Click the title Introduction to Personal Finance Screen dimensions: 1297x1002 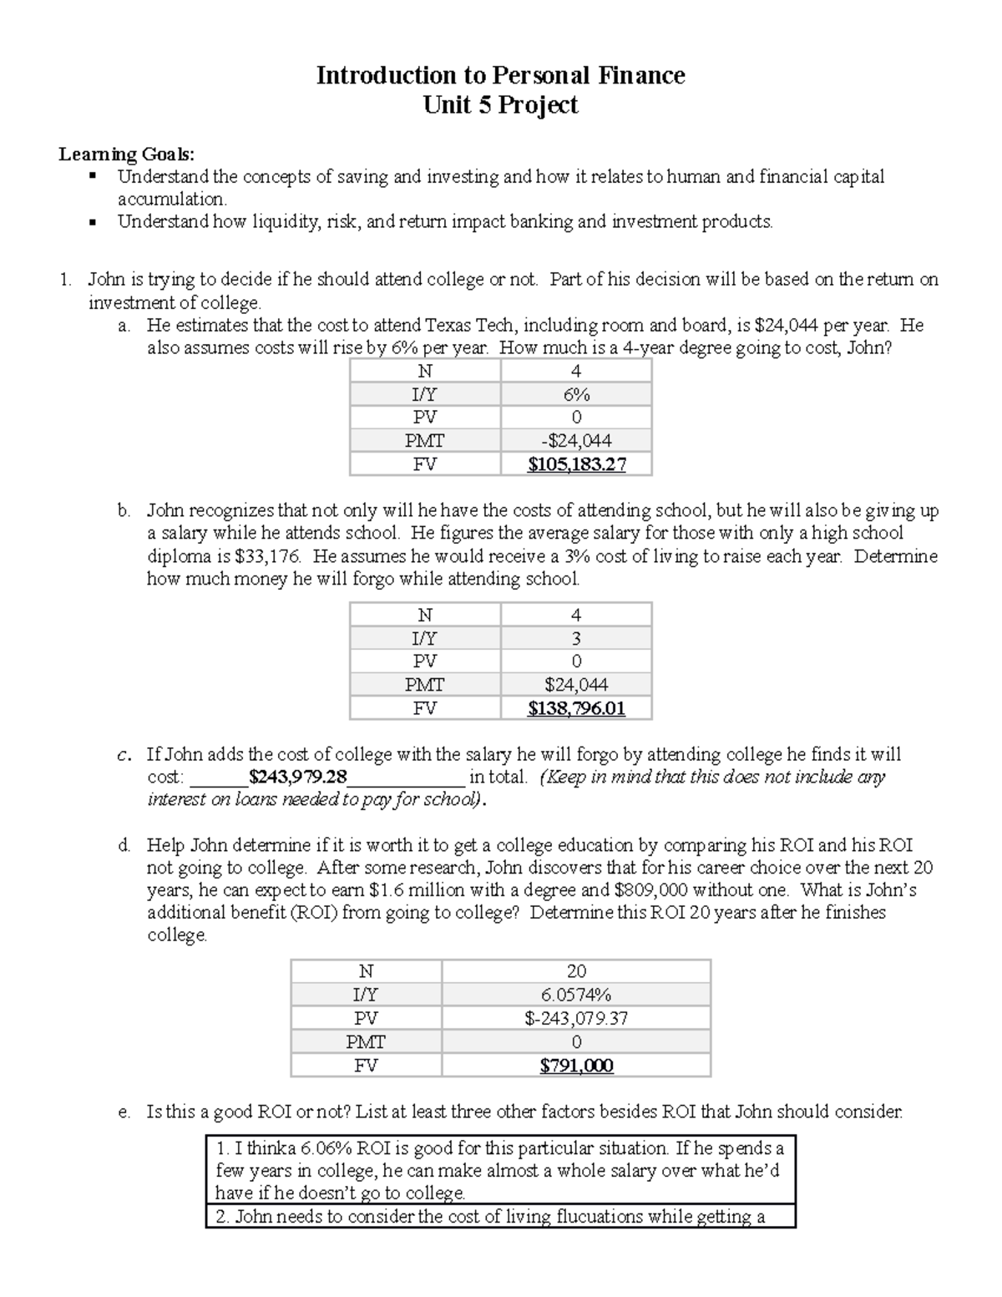[500, 76]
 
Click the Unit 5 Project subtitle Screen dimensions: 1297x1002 [500, 105]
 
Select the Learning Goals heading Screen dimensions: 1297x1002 [126, 154]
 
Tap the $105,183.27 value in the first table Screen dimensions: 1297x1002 [576, 464]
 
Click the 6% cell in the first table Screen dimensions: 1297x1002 [576, 394]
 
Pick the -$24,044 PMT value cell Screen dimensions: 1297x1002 [576, 441]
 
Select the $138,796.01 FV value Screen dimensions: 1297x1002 [576, 709]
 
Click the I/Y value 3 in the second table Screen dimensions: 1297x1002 [576, 639]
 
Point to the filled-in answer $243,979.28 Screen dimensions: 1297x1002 [298, 777]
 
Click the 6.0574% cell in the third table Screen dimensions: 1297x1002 [576, 995]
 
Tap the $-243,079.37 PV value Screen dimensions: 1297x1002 [576, 1018]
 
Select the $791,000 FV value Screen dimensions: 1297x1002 [576, 1066]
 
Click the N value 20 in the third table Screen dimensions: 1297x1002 [576, 971]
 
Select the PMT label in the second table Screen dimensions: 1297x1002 [424, 686]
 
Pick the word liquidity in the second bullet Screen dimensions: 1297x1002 [276, 222]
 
